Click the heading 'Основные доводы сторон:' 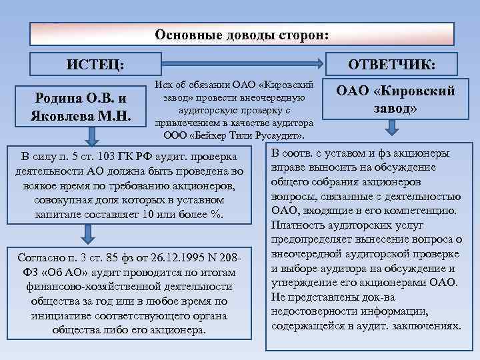pyautogui.click(x=241, y=34)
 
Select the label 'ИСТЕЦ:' pyautogui.click(x=95, y=64)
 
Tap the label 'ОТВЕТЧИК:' pyautogui.click(x=393, y=64)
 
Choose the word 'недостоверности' pyautogui.click(x=313, y=311)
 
